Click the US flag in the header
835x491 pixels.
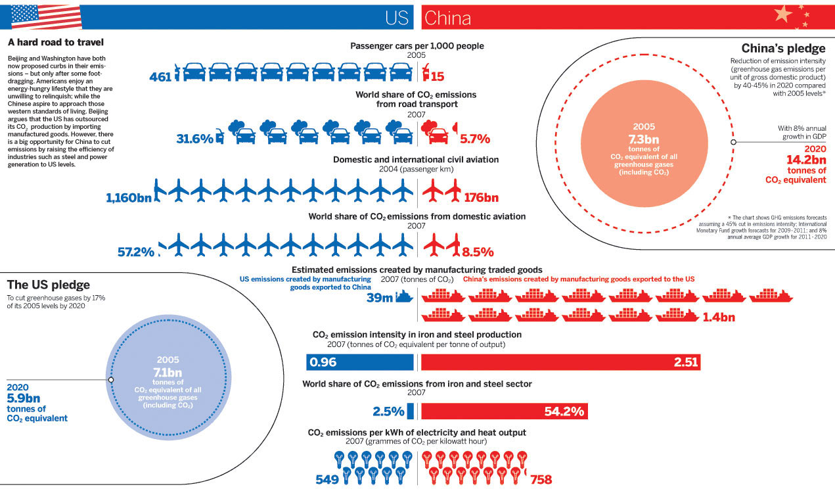(46, 15)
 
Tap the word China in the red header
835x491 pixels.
(447, 18)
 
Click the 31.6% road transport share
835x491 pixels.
(194, 139)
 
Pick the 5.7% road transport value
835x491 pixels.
(476, 139)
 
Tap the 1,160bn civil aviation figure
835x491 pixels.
(128, 197)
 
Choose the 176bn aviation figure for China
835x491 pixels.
(482, 197)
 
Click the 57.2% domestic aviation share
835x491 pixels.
(136, 252)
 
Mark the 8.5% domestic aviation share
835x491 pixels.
(478, 252)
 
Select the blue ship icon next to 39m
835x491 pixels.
(405, 298)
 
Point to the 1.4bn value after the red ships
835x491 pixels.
(718, 317)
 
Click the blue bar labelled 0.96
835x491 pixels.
(360, 362)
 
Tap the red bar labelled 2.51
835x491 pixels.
(560, 362)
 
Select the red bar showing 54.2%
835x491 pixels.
(504, 411)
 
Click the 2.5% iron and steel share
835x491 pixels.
(388, 412)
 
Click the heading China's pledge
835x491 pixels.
(783, 49)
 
